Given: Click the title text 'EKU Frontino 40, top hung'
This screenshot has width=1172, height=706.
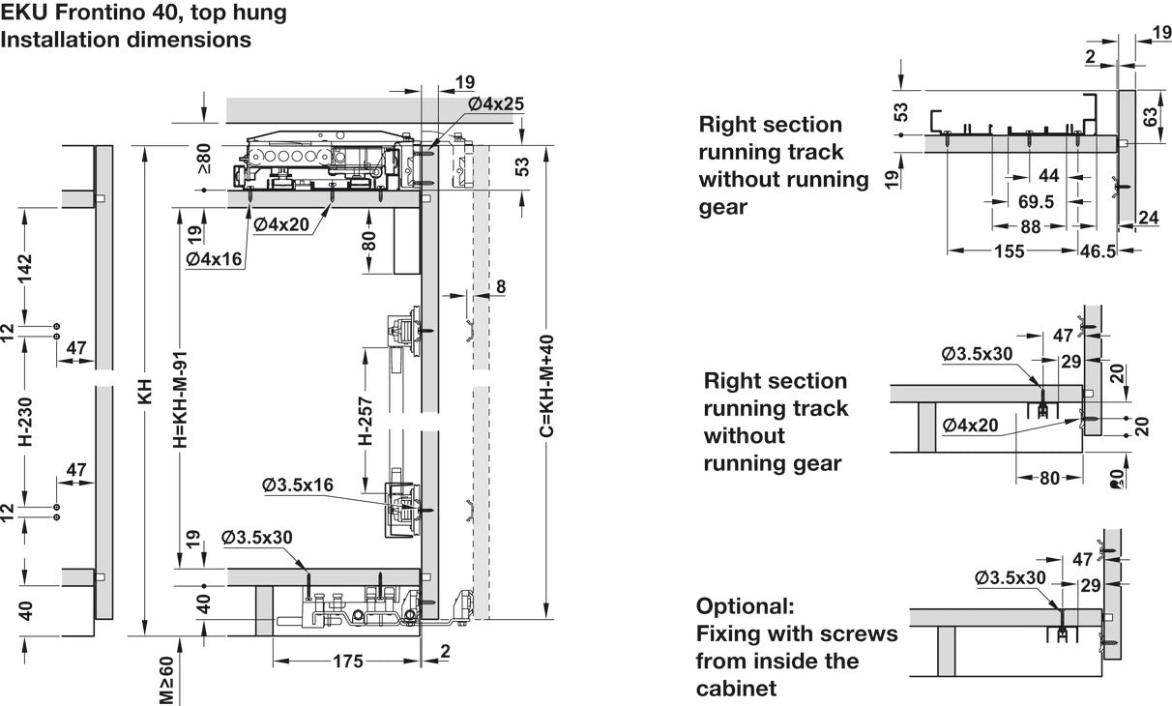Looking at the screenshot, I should [143, 14].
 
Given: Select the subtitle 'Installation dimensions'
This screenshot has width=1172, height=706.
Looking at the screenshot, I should [126, 40].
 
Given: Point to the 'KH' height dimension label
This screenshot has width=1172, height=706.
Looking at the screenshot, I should [146, 396].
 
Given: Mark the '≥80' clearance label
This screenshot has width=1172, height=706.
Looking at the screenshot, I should [204, 159].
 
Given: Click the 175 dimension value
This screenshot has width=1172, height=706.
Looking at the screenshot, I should [347, 662].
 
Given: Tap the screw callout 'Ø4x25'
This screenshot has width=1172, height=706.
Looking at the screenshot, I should [495, 103].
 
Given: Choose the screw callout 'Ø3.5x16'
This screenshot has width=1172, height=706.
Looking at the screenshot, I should [297, 485].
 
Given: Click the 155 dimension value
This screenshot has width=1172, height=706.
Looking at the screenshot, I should [1011, 251].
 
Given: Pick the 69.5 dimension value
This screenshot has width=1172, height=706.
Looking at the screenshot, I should [1036, 201].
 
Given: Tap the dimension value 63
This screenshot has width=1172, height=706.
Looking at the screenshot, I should [1149, 117].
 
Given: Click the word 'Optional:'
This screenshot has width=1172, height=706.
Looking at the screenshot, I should [745, 606].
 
